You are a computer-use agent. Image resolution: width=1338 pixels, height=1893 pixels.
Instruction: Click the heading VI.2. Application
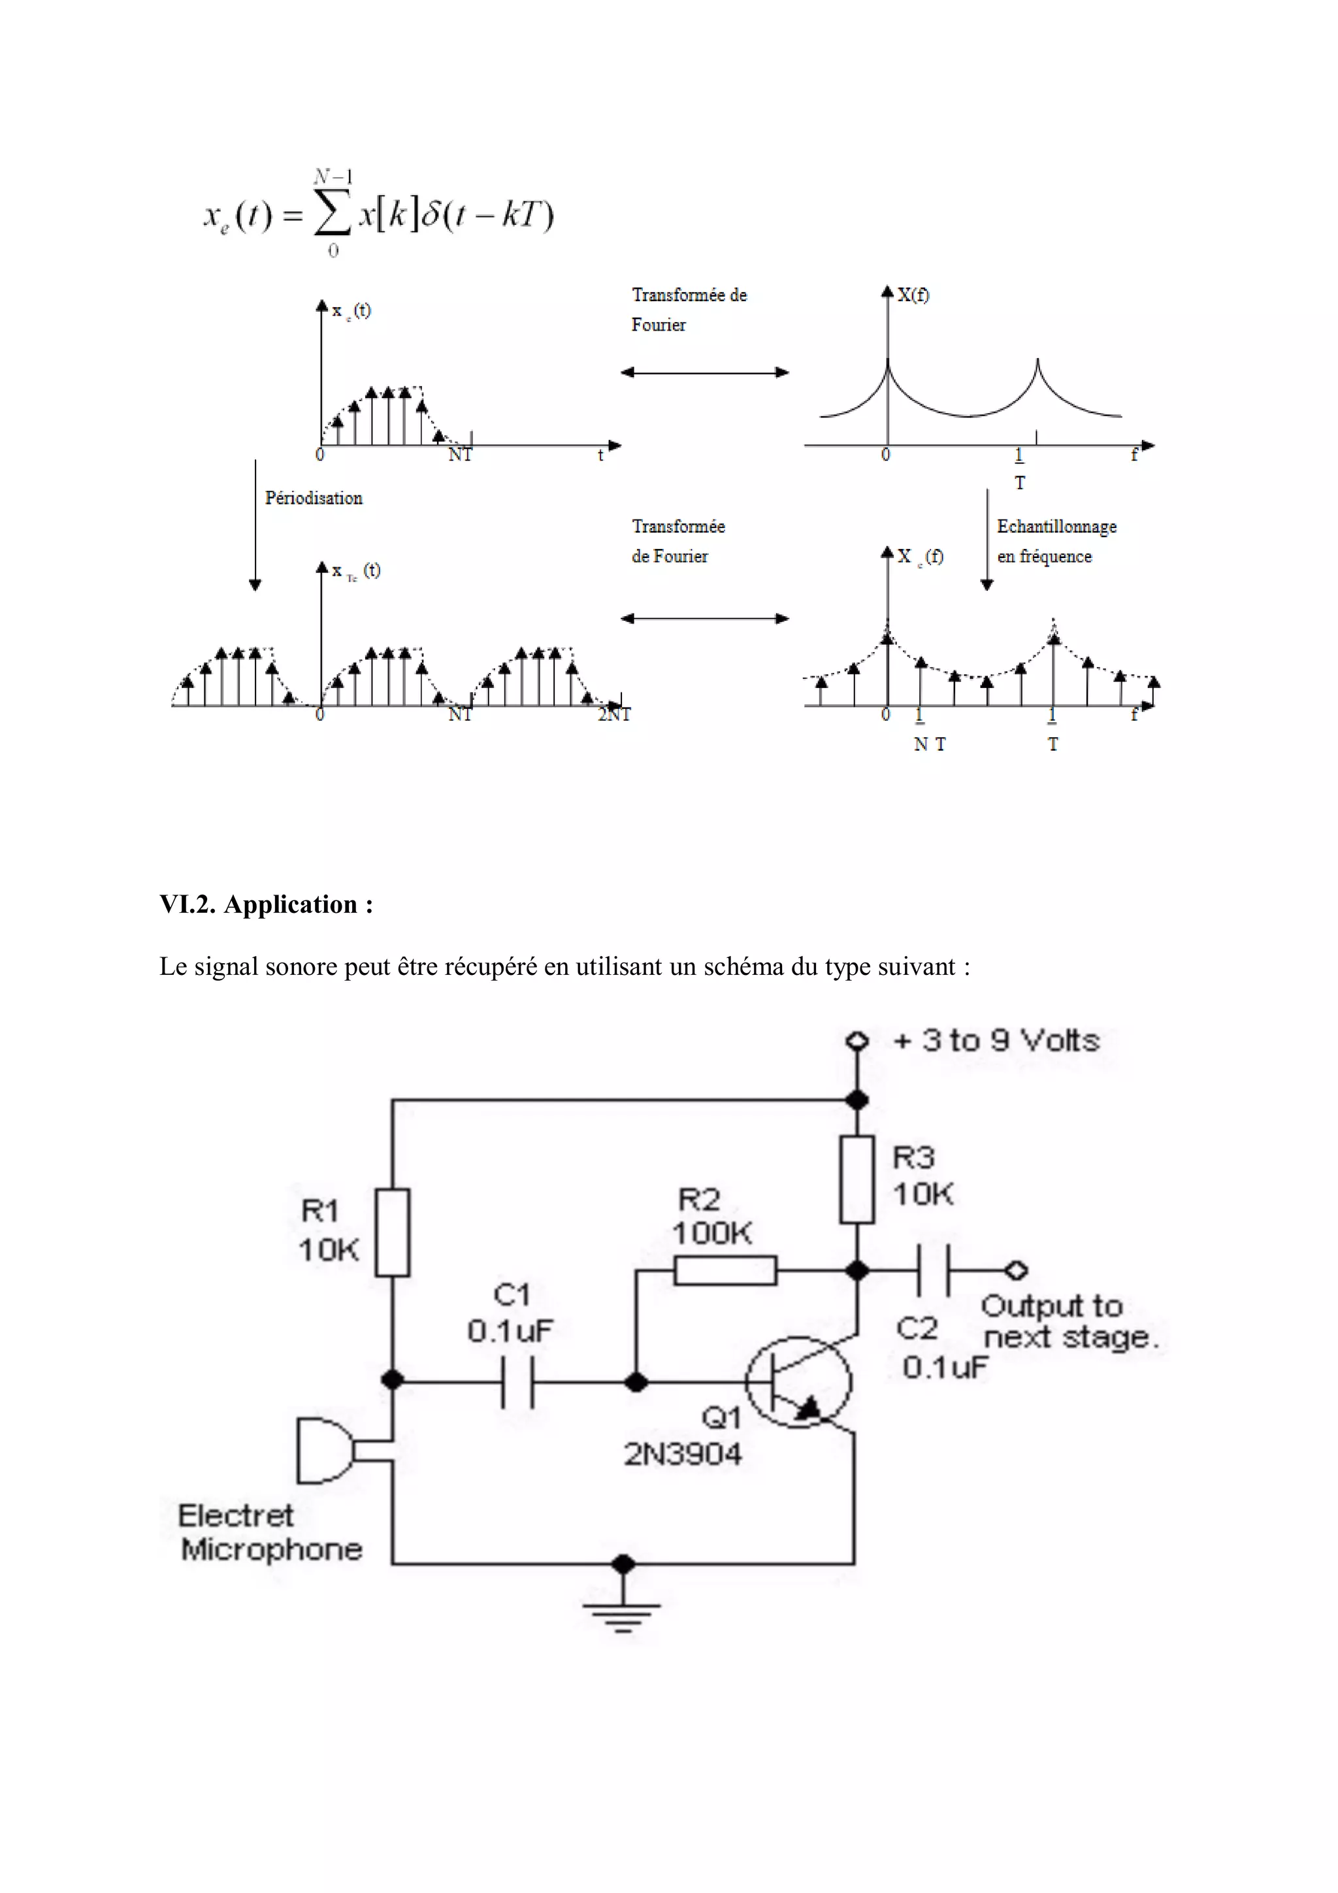tap(267, 904)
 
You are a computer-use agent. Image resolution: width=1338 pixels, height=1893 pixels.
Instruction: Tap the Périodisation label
tap(314, 498)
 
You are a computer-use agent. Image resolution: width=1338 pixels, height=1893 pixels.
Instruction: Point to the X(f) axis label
tap(913, 295)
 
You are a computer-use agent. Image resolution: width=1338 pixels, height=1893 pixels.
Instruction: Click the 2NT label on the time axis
tap(614, 715)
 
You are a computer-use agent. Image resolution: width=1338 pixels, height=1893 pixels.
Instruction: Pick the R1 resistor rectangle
tap(393, 1232)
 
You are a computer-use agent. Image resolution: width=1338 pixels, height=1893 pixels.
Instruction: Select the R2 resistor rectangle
tap(725, 1270)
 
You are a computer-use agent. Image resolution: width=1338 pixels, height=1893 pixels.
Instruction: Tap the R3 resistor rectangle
tap(857, 1179)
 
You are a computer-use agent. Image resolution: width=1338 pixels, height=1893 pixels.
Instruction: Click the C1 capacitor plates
tap(517, 1383)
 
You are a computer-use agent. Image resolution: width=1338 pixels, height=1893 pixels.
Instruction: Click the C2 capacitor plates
tap(933, 1270)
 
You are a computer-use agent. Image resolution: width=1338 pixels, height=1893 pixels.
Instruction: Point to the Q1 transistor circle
tap(798, 1383)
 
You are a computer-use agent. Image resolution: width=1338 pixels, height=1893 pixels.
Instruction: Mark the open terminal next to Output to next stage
tap(1016, 1270)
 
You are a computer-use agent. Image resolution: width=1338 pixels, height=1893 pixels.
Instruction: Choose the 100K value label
tap(712, 1234)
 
